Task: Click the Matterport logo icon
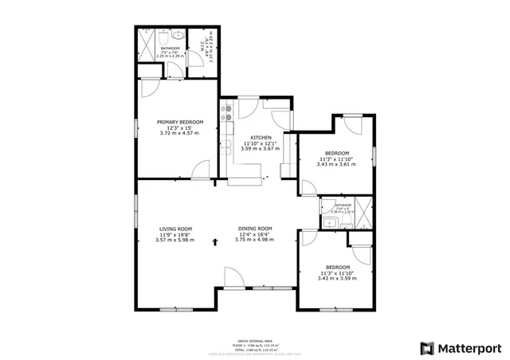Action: pyautogui.click(x=427, y=348)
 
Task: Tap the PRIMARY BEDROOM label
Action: pyautogui.click(x=179, y=122)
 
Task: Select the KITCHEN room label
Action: pyautogui.click(x=261, y=137)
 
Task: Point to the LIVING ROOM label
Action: pyautogui.click(x=175, y=229)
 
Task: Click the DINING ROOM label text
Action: pyautogui.click(x=255, y=229)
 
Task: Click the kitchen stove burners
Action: pyautogui.click(x=228, y=119)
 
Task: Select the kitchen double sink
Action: pyautogui.click(x=227, y=146)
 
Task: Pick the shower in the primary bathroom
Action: pyautogui.click(x=145, y=40)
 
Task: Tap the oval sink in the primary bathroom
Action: pyautogui.click(x=177, y=37)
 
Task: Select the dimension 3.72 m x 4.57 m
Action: pyautogui.click(x=179, y=133)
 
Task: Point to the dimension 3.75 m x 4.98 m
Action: pyautogui.click(x=255, y=240)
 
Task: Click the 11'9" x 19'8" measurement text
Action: pyautogui.click(x=175, y=234)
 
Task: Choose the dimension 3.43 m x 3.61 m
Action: pyautogui.click(x=336, y=164)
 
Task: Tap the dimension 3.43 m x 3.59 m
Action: pyautogui.click(x=336, y=278)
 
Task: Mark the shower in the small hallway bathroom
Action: pyautogui.click(x=362, y=213)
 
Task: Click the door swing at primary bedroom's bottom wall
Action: pyautogui.click(x=200, y=169)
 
